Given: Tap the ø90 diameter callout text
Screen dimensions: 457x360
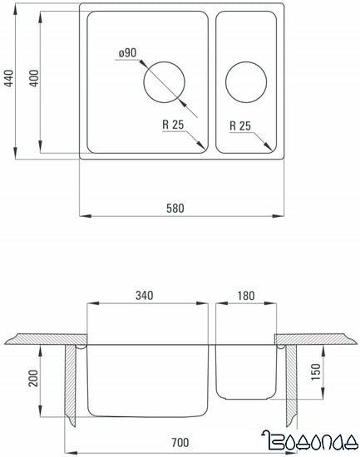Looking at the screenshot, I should [x=128, y=54].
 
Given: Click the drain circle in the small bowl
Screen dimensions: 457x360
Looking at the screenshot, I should [x=246, y=81].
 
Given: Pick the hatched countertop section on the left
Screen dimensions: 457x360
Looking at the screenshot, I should [x=42, y=339].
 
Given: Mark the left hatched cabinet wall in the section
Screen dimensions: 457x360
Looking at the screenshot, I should [x=71, y=382].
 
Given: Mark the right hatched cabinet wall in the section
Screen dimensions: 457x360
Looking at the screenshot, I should [x=290, y=382].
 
